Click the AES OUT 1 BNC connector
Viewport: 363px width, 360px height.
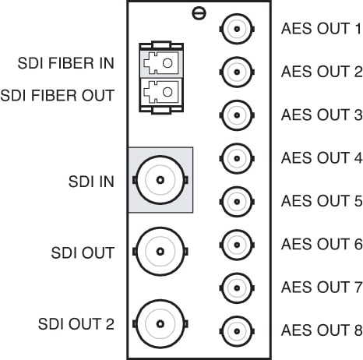pos(237,29)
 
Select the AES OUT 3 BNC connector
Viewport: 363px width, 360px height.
pos(237,115)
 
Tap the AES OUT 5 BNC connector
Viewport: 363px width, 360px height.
pos(237,202)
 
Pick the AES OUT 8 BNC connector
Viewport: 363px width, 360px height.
pos(237,331)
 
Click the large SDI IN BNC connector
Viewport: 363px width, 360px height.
pos(160,180)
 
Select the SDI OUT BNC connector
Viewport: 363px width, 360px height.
pos(160,252)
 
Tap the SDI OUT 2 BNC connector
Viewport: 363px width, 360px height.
pos(160,324)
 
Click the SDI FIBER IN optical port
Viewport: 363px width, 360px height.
pos(161,63)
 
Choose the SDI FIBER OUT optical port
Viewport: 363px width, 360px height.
pos(161,92)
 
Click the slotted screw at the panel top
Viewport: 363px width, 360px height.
pos(199,13)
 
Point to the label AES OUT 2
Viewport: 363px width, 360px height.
pos(322,72)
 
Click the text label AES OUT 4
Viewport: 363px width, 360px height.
pos(322,158)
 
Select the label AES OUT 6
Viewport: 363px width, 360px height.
pos(322,244)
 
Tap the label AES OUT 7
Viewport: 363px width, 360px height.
pos(322,288)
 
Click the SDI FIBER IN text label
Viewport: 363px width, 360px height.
pos(66,63)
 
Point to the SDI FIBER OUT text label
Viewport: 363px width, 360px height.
pos(58,95)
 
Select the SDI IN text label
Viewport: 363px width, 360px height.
pos(91,182)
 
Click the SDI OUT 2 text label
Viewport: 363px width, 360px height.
pos(76,324)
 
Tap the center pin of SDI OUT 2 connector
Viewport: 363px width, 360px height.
pos(160,324)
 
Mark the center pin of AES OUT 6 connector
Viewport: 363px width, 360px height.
pos(237,245)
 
